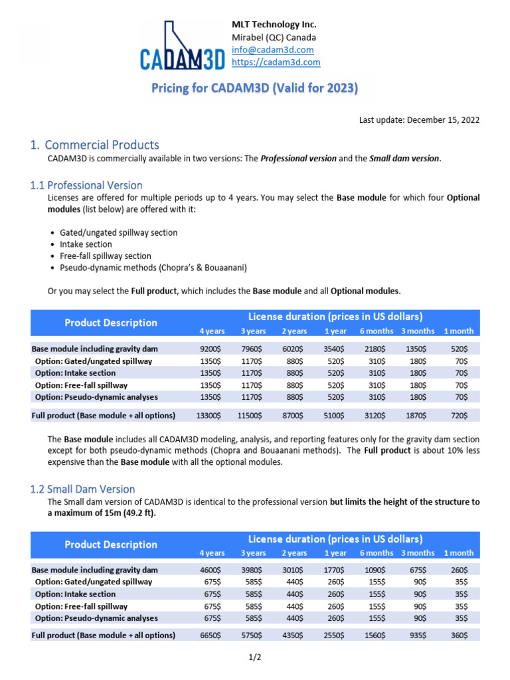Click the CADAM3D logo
point(181,46)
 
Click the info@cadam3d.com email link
point(272,50)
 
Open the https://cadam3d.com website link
point(276,62)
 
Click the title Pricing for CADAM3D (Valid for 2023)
point(255,88)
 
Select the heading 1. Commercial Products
point(95,144)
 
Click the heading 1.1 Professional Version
point(86,185)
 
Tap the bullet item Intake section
point(86,244)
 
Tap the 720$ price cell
point(459,415)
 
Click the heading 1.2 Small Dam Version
point(83,489)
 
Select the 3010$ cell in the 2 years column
point(293,570)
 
